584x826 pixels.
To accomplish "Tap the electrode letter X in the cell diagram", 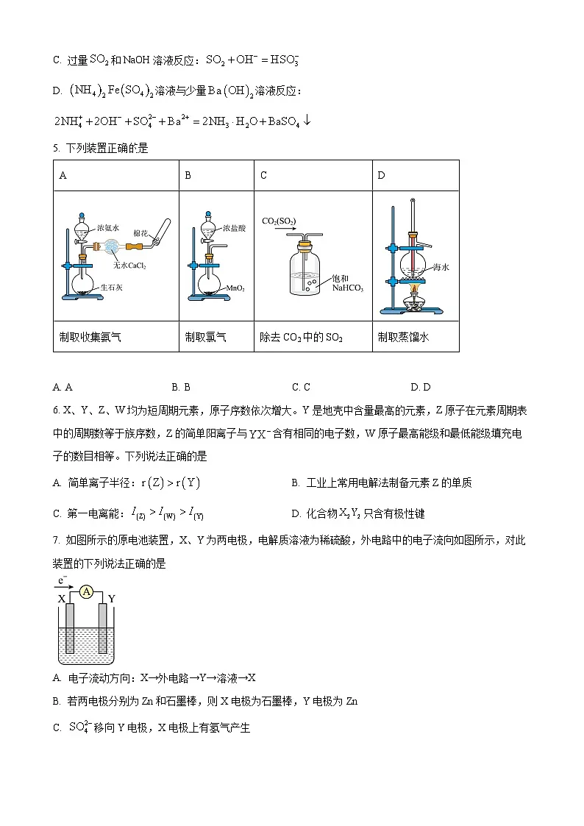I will point(62,598).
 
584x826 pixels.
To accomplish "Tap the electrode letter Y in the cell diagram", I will point(111,598).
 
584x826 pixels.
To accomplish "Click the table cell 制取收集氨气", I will point(90,337).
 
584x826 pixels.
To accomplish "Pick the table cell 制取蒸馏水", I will point(402,337).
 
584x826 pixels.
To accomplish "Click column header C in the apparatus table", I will point(263,175).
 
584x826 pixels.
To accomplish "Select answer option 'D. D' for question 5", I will point(420,387).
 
